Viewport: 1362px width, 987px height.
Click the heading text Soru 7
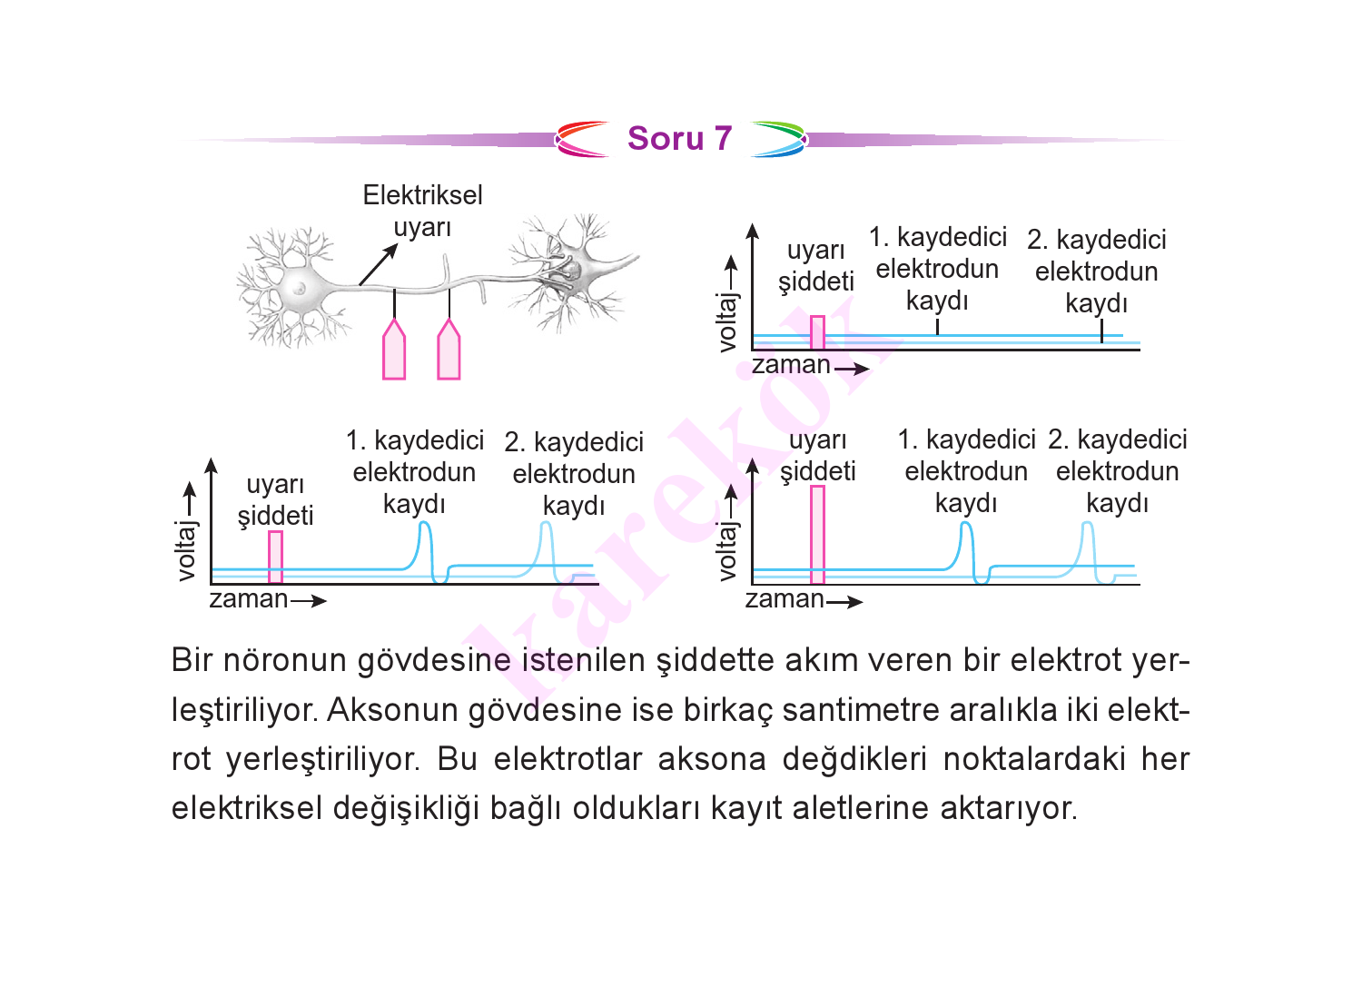click(x=680, y=139)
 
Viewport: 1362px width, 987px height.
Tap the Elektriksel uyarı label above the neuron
click(x=422, y=211)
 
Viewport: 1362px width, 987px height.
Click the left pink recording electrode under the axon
click(x=394, y=349)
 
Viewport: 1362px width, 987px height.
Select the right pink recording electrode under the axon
click(x=449, y=349)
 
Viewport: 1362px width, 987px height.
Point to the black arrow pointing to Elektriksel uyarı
click(x=379, y=264)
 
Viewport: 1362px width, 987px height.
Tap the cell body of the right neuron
click(x=571, y=268)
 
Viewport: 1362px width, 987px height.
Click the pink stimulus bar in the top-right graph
click(x=817, y=332)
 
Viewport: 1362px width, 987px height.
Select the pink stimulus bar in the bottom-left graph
click(x=275, y=557)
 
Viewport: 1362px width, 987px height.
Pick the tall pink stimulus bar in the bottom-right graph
click(x=817, y=535)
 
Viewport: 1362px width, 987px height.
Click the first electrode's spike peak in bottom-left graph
click(x=425, y=523)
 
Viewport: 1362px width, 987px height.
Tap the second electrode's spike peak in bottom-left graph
click(x=546, y=523)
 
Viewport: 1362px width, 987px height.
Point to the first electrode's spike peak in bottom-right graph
click(x=965, y=524)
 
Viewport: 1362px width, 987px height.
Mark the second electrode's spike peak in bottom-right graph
click(x=1087, y=524)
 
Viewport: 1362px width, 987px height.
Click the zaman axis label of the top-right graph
click(x=791, y=365)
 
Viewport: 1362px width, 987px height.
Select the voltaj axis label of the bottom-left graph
click(x=186, y=551)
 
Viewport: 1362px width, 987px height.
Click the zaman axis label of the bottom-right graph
click(x=785, y=599)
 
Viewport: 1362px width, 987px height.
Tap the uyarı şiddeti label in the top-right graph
click(x=816, y=266)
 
